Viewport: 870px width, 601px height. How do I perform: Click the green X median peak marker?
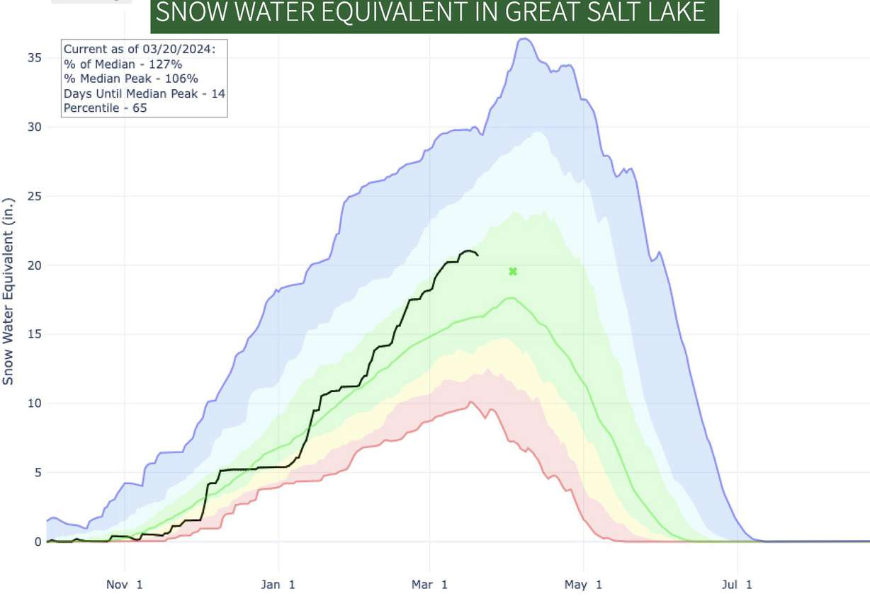513,271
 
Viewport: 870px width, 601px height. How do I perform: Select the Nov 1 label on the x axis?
125,585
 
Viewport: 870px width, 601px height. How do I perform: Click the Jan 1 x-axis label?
278,585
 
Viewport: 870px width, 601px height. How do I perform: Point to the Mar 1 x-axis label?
431,585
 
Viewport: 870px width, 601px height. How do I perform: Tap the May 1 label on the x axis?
584,585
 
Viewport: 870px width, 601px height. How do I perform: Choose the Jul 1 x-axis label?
738,585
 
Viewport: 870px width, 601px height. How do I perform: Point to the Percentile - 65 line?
105,108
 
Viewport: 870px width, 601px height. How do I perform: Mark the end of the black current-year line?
478,255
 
